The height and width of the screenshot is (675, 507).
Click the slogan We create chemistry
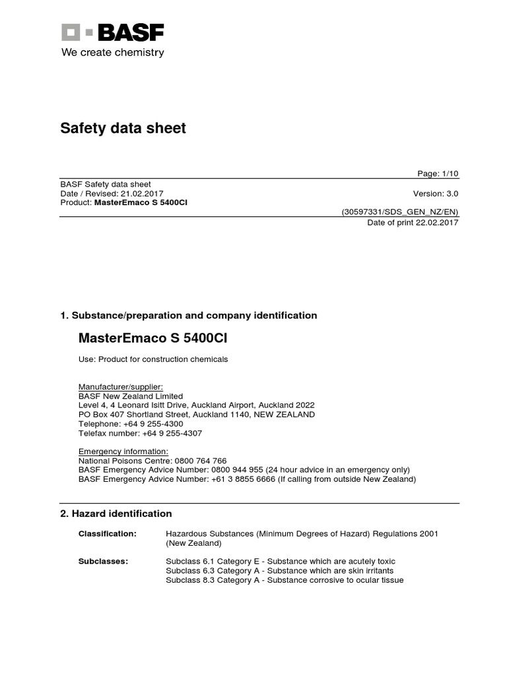(x=112, y=53)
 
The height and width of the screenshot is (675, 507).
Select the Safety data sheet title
(x=123, y=128)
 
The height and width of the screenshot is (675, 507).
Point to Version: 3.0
(x=435, y=194)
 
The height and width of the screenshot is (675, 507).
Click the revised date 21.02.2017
(x=142, y=194)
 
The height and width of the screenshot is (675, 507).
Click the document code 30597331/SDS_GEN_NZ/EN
(x=399, y=212)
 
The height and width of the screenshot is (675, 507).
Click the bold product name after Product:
(x=141, y=202)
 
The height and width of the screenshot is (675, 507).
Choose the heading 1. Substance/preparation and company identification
(x=188, y=316)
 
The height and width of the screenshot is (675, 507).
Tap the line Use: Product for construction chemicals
(x=153, y=359)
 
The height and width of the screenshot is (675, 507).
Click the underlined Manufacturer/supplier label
(x=120, y=387)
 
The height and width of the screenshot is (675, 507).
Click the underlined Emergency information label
(x=118, y=452)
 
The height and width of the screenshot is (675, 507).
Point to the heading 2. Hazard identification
(x=116, y=514)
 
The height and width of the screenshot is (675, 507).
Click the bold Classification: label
(x=107, y=533)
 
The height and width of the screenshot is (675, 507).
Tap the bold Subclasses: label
(x=103, y=561)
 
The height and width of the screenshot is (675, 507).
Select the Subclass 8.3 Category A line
(x=285, y=580)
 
